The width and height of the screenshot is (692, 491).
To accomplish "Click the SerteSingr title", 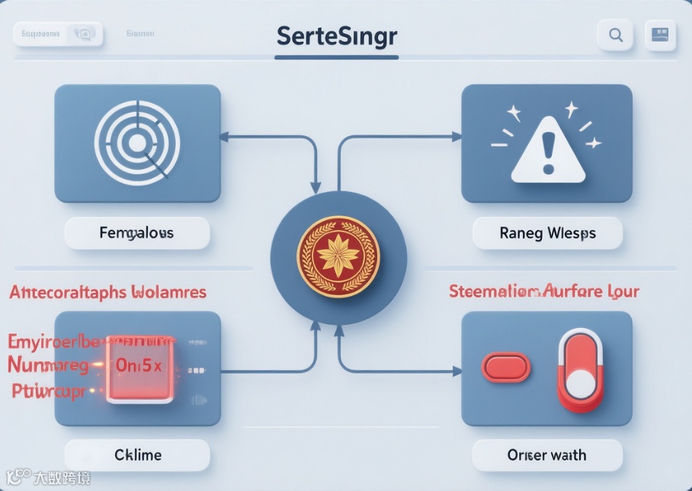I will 337,35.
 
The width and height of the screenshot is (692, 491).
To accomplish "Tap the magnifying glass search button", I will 615,35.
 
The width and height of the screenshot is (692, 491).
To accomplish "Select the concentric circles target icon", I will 137,143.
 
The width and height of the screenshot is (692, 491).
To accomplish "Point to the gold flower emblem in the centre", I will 338,256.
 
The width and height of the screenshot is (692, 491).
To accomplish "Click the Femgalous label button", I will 136,233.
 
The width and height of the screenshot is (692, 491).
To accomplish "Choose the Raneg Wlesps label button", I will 547,233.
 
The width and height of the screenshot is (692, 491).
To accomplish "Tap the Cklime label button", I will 137,455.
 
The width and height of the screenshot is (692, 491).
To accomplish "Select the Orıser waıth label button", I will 547,455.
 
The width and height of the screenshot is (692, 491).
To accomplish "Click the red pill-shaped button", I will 505,367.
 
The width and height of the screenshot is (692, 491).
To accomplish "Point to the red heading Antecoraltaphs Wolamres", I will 107,292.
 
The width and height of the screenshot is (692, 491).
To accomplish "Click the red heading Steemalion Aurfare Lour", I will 543,291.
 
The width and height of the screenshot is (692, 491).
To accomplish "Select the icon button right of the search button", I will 661,35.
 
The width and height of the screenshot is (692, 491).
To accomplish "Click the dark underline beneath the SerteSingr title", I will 336,56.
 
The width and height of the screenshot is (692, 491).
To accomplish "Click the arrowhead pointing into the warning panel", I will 457,137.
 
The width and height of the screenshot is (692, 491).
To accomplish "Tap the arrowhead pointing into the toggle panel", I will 457,371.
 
